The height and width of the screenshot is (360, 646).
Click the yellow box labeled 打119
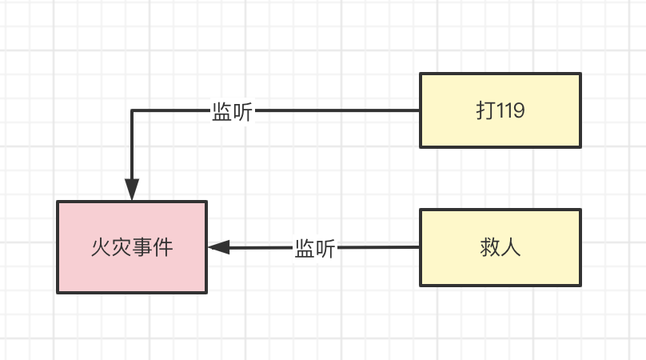pyautogui.click(x=500, y=110)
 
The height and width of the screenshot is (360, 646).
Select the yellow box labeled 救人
pyautogui.click(x=500, y=247)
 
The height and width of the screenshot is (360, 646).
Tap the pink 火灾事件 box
pyautogui.click(x=132, y=246)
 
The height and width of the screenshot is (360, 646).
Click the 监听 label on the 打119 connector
pyautogui.click(x=232, y=112)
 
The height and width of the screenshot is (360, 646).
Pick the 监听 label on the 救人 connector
pyautogui.click(x=315, y=248)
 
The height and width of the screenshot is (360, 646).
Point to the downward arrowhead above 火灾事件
pyautogui.click(x=132, y=190)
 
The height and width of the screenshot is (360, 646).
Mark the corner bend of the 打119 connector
pyautogui.click(x=132, y=111)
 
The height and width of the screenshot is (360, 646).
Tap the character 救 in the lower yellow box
pyautogui.click(x=490, y=247)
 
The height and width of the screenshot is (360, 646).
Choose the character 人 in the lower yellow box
pyautogui.click(x=512, y=247)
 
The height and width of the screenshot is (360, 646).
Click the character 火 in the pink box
pyautogui.click(x=101, y=247)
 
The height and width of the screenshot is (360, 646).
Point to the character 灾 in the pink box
pyautogui.click(x=122, y=247)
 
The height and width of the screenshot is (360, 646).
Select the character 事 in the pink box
pyautogui.click(x=142, y=247)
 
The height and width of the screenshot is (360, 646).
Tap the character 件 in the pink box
pyautogui.click(x=163, y=247)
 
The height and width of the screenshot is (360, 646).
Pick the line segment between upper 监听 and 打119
pyautogui.click(x=336, y=111)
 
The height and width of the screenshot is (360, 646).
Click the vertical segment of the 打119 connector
pyautogui.click(x=132, y=148)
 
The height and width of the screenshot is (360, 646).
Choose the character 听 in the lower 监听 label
pyautogui.click(x=325, y=248)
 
